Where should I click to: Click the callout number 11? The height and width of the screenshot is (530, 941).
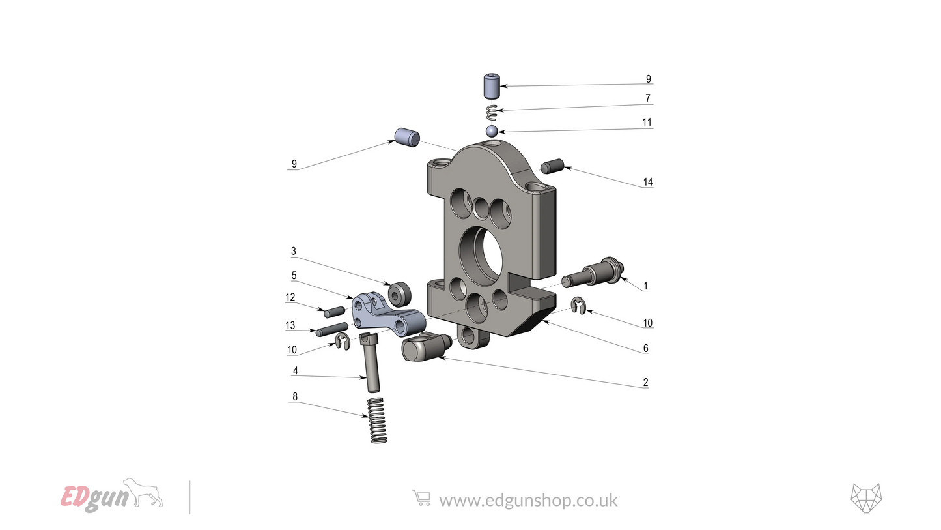tap(647, 123)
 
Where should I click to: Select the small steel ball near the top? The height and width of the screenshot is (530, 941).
tap(492, 132)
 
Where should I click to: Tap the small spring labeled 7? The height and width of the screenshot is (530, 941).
tap(493, 111)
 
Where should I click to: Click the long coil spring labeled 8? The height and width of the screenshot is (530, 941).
tap(376, 420)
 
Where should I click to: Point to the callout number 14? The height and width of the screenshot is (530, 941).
tap(647, 183)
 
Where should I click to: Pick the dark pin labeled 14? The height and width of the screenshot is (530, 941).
tap(551, 166)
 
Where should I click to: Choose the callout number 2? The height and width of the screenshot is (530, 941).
tap(645, 383)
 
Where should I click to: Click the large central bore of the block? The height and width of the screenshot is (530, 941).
tap(483, 254)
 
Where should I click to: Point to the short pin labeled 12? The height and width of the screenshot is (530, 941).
tap(335, 311)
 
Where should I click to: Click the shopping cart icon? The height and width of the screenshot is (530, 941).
tap(421, 499)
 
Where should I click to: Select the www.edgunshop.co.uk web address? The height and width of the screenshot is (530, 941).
tap(528, 500)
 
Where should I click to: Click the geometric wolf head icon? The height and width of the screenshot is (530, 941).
tap(866, 499)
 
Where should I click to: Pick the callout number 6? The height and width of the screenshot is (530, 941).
tap(645, 349)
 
